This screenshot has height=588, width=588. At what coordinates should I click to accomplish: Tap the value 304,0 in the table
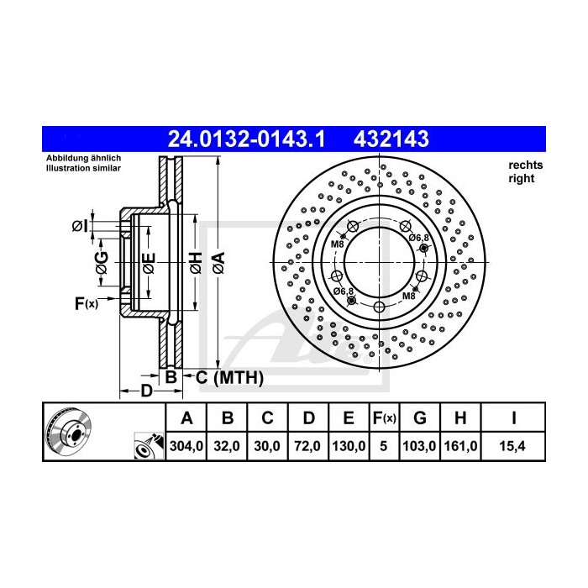[186, 448]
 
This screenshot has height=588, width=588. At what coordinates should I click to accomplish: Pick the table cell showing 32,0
[227, 448]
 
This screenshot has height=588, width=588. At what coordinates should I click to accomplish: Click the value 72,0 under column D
[307, 448]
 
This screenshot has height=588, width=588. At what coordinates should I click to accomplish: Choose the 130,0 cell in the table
[348, 448]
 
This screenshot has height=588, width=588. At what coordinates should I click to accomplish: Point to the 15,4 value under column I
[513, 448]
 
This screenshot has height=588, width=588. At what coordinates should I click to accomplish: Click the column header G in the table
[421, 417]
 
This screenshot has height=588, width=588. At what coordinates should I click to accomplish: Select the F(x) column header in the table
[384, 417]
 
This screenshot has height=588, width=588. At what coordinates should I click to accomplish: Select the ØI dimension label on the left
[78, 225]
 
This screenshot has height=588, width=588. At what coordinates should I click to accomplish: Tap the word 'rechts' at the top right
[526, 165]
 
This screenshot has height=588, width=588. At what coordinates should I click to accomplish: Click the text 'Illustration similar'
[84, 169]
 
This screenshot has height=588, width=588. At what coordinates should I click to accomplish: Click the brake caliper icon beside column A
[149, 448]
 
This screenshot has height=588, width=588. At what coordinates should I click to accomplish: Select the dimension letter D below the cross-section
[145, 391]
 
